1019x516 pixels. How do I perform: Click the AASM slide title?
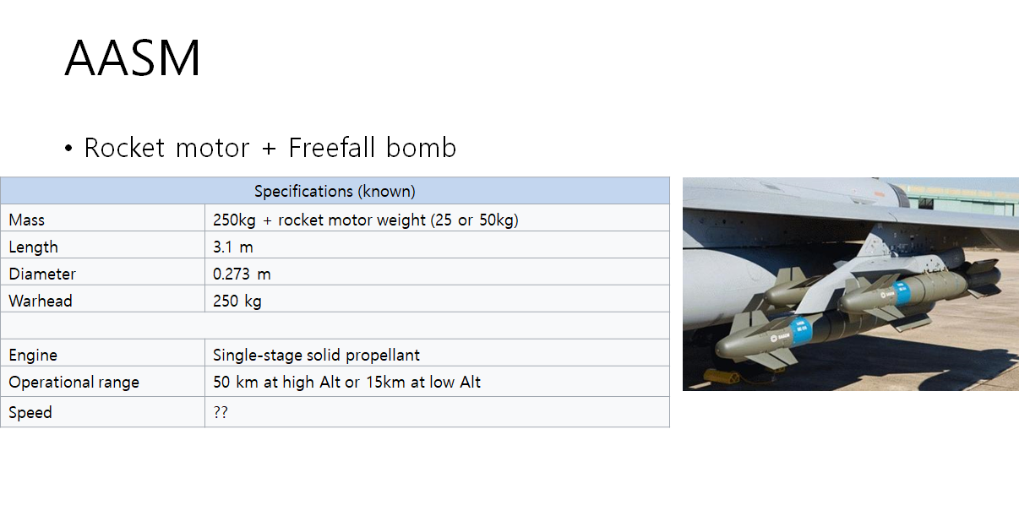[133, 59]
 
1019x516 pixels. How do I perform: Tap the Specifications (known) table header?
[335, 191]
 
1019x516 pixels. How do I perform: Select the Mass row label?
[27, 220]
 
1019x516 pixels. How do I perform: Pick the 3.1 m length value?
[233, 247]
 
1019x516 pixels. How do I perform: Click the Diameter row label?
[42, 274]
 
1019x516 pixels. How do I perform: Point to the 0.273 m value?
[242, 274]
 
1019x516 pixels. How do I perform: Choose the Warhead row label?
[41, 301]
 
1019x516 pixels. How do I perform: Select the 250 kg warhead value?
[237, 301]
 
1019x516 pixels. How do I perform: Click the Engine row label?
[33, 355]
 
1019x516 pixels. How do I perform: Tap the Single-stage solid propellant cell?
[316, 355]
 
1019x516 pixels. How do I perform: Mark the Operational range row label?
[74, 382]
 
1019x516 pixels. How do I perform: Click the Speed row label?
[30, 412]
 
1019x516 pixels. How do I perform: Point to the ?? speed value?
[221, 412]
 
